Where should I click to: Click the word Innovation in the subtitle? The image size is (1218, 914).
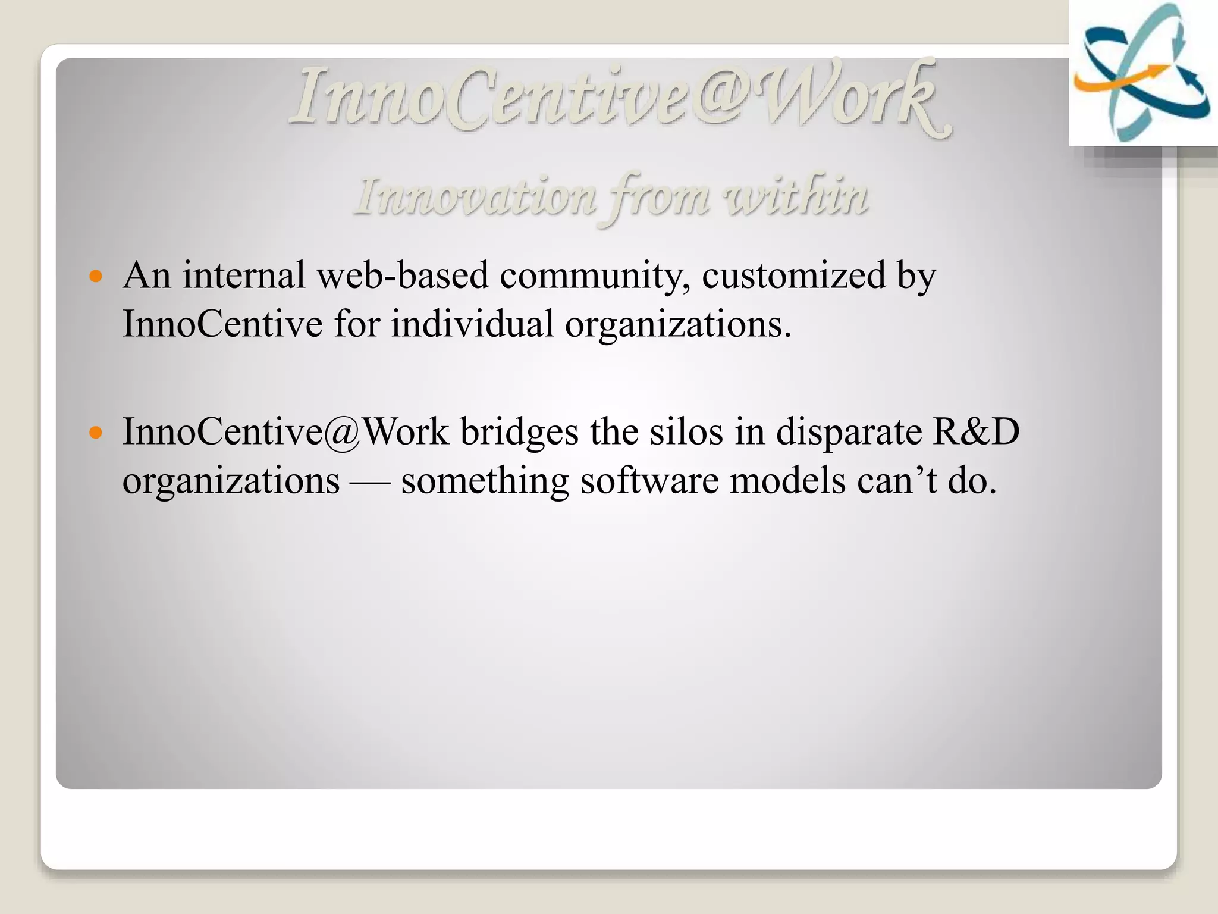click(x=476, y=197)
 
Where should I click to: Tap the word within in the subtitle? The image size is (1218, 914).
click(x=796, y=196)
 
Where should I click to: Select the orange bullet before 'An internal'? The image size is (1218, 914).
click(x=95, y=276)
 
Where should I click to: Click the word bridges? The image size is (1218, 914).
click(x=519, y=433)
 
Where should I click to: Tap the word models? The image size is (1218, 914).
click(x=787, y=481)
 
